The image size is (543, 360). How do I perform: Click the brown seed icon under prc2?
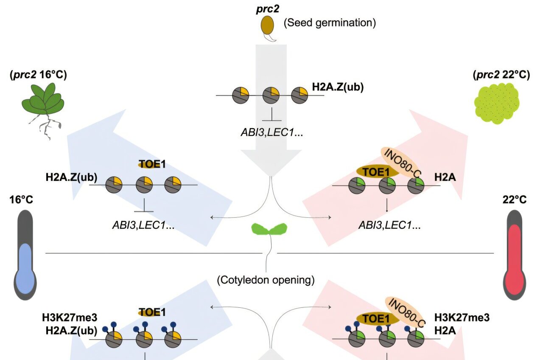(x=266, y=26)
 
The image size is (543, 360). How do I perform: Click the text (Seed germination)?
(x=330, y=22)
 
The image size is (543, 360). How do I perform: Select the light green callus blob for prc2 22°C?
(x=495, y=103)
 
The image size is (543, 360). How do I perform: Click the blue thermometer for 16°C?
(x=26, y=255)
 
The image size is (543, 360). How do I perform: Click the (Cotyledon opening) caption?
(x=266, y=280)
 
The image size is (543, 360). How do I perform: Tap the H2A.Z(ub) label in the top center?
(x=338, y=87)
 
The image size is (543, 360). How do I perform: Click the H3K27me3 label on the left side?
(x=70, y=318)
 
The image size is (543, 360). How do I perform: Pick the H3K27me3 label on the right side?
(x=462, y=318)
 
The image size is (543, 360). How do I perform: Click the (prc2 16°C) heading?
(x=38, y=75)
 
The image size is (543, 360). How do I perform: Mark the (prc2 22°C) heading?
(x=501, y=75)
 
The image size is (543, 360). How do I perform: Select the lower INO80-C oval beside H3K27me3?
(x=406, y=312)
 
